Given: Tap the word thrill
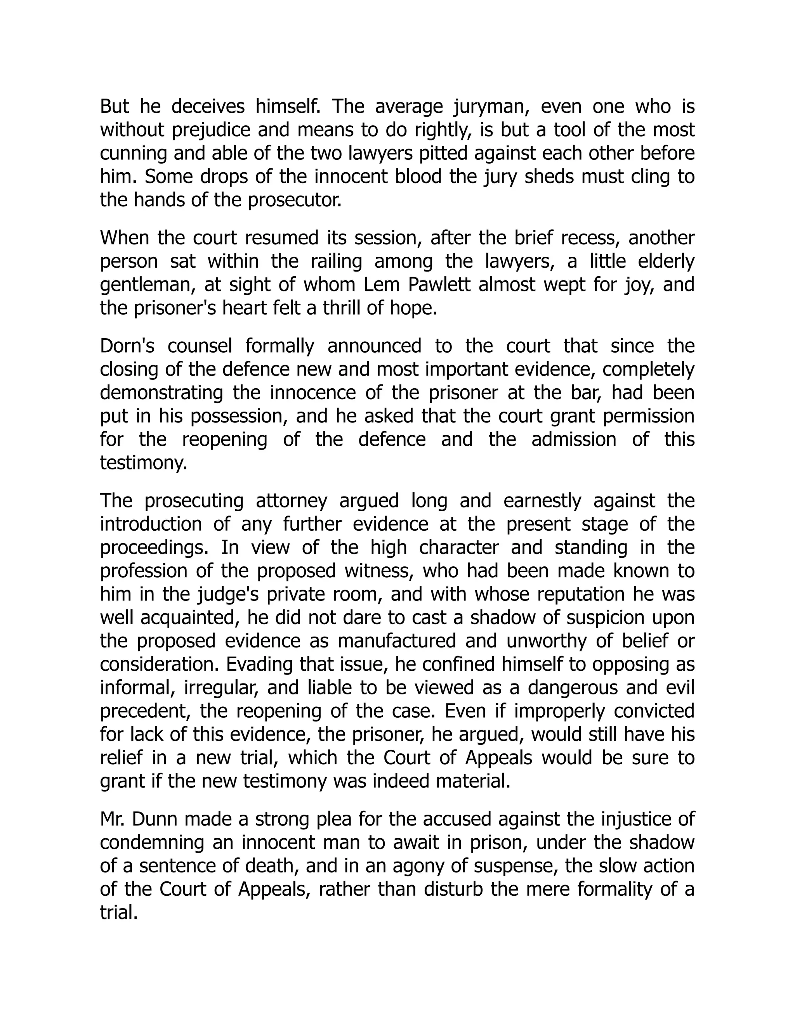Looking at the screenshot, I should coord(344,308).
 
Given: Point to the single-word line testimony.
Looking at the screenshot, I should coord(144,463).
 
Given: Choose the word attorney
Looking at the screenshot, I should coord(291,501).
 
